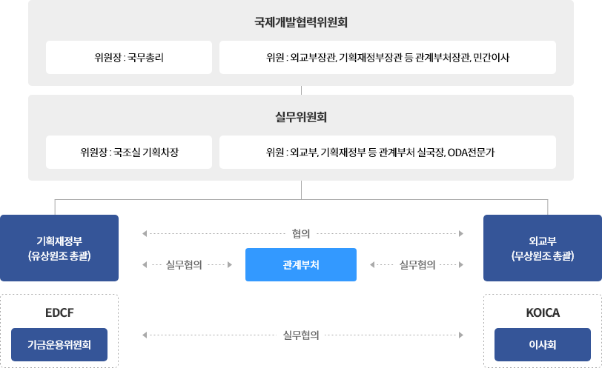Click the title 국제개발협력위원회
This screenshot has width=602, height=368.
click(x=301, y=22)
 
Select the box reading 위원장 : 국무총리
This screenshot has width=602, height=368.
click(x=129, y=58)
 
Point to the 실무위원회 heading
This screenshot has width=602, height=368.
click(x=301, y=117)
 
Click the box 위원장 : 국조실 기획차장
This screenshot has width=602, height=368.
click(x=129, y=153)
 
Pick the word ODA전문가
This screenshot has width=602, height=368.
click(x=472, y=153)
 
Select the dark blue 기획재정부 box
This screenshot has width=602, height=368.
click(x=59, y=248)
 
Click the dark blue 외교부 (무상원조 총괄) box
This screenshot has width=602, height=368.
click(x=543, y=248)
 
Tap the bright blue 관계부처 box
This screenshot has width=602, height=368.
click(x=301, y=264)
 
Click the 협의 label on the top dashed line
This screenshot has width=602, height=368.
click(x=301, y=234)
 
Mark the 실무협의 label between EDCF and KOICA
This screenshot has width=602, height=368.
click(x=301, y=335)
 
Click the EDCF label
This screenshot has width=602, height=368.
click(x=59, y=312)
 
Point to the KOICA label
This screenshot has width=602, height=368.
click(x=543, y=312)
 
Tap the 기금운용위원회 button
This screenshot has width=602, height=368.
click(x=59, y=344)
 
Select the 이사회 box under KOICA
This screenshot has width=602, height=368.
click(x=543, y=344)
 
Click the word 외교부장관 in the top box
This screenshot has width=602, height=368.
click(x=314, y=58)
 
